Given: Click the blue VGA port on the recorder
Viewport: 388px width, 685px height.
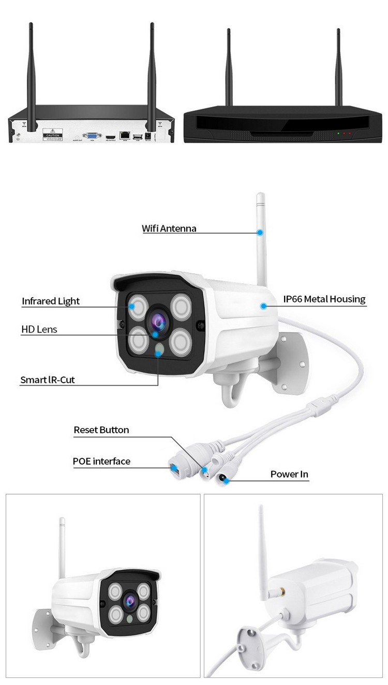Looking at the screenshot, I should click(x=92, y=135).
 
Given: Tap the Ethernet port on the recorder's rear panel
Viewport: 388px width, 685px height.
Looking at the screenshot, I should click(x=125, y=135).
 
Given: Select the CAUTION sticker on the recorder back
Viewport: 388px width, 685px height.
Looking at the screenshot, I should click(x=53, y=135).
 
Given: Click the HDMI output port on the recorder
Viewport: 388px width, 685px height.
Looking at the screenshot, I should click(x=110, y=136).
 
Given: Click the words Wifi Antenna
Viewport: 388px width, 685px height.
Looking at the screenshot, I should click(x=169, y=229).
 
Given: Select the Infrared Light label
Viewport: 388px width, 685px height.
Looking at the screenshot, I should click(x=51, y=301).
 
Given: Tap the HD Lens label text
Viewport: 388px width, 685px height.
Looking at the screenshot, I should click(x=39, y=329).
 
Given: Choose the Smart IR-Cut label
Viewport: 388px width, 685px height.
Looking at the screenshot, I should click(x=48, y=380).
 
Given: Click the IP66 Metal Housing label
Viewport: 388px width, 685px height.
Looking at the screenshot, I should click(x=324, y=299).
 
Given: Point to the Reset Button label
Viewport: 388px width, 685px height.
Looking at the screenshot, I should click(x=101, y=430).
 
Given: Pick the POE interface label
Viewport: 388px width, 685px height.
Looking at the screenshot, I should click(x=101, y=461).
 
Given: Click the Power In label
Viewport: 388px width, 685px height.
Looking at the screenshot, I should click(x=289, y=474).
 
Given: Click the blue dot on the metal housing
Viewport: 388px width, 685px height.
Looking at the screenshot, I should click(x=263, y=306).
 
